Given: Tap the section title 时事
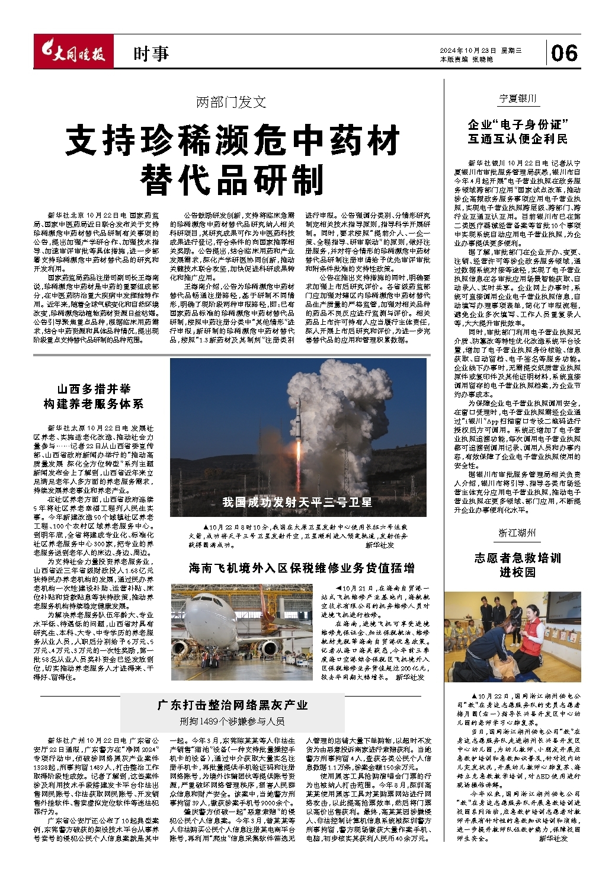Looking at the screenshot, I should click(151, 54).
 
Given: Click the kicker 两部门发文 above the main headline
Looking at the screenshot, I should click(231, 102).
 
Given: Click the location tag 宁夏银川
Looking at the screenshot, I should click(517, 98).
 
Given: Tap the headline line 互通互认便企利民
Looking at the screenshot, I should click(517, 139).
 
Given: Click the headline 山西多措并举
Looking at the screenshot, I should click(94, 389).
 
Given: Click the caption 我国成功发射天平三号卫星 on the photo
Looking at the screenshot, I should click(297, 502).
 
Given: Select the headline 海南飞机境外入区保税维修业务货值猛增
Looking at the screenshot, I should click(302, 568).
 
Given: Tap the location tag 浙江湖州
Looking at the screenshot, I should click(517, 533).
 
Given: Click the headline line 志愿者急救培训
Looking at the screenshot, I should click(517, 558).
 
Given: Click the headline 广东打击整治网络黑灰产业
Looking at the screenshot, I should click(232, 705).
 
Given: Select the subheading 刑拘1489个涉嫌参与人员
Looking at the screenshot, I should click(232, 721).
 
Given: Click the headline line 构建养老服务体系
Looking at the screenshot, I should click(94, 404).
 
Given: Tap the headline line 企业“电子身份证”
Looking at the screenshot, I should click(517, 124).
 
